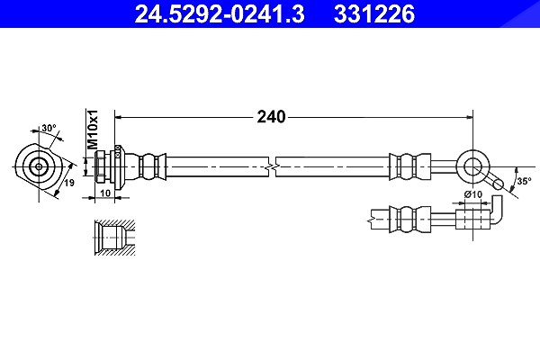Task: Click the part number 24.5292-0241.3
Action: click(220, 14)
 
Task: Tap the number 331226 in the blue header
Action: click(374, 14)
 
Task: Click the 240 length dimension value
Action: click(272, 117)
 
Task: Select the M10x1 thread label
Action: click(93, 130)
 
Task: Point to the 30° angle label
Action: click(49, 128)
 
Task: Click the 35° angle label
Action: click(524, 181)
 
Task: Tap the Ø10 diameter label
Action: click(473, 194)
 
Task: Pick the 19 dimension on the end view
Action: click(69, 183)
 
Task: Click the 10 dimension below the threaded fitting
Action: click(105, 193)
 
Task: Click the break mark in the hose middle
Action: click(272, 166)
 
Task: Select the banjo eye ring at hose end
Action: click(472, 167)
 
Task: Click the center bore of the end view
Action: click(39, 167)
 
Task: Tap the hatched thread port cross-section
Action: click(114, 238)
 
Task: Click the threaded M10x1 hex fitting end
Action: click(101, 166)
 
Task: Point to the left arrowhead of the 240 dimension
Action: click(119, 118)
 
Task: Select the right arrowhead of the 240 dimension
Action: click(469, 118)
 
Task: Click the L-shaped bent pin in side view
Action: click(496, 211)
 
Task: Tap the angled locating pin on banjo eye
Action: click(493, 181)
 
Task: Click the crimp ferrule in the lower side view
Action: click(409, 220)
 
